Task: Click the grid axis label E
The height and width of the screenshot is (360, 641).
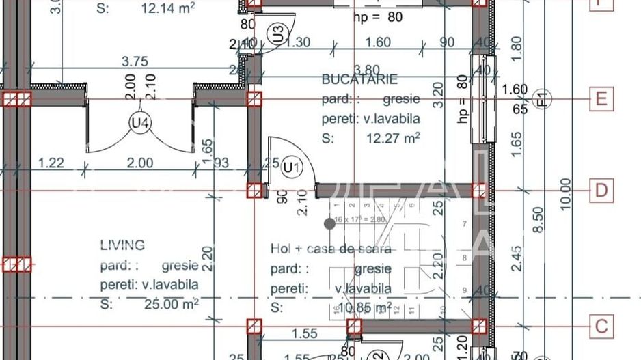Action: click(601, 99)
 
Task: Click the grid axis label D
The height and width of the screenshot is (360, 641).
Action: click(601, 190)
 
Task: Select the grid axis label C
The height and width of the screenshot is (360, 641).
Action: click(601, 326)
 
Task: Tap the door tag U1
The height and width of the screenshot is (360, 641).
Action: click(292, 167)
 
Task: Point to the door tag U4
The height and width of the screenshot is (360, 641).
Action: click(139, 123)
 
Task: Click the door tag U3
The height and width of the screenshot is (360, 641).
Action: click(277, 33)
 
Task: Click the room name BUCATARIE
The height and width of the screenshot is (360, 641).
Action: click(359, 80)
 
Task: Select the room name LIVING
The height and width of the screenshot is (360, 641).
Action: click(122, 245)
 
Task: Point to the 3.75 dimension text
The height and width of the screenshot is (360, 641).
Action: click(135, 61)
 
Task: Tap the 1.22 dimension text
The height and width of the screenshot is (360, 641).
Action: click(51, 163)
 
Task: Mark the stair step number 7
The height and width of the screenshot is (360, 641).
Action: click(465, 223)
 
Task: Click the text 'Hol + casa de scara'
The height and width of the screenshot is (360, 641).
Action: click(331, 249)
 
